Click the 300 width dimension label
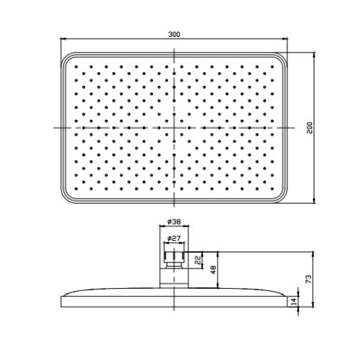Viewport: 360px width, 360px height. (x=174, y=35)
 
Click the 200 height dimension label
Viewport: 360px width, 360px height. (x=309, y=127)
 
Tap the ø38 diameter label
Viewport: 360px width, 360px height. (x=174, y=222)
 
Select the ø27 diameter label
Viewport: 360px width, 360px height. (x=174, y=238)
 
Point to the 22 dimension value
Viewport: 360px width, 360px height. (x=198, y=260)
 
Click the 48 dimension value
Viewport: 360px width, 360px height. (x=213, y=269)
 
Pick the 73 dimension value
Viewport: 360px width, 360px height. (x=309, y=279)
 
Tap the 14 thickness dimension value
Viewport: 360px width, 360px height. (x=294, y=302)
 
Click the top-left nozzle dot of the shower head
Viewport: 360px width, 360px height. (x=76, y=67)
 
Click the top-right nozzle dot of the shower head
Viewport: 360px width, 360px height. (x=272, y=67)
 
